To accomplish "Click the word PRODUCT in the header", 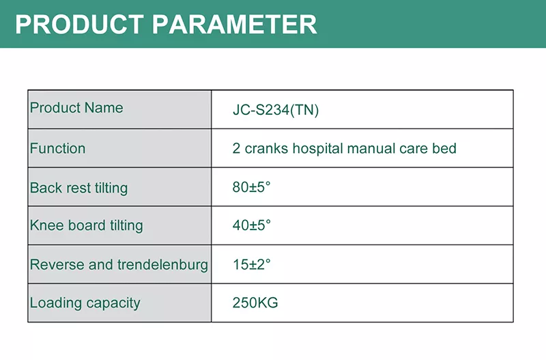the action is pyautogui.click(x=79, y=25).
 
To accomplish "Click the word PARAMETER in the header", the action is pyautogui.click(x=234, y=25).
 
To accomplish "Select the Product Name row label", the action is pyautogui.click(x=76, y=108).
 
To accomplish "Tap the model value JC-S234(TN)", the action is pyautogui.click(x=276, y=110).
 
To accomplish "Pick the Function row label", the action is pyautogui.click(x=57, y=148).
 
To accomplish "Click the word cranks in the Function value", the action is pyautogui.click(x=266, y=149).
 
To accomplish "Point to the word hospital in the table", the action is pyautogui.click(x=317, y=149).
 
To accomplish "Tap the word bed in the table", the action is pyautogui.click(x=444, y=149).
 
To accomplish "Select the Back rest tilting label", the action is pyautogui.click(x=78, y=188).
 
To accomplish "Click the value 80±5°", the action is pyautogui.click(x=251, y=187).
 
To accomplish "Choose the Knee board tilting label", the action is pyautogui.click(x=87, y=225).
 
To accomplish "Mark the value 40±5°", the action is pyautogui.click(x=251, y=225).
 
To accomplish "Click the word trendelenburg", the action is pyautogui.click(x=162, y=265).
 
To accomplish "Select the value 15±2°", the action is pyautogui.click(x=251, y=264).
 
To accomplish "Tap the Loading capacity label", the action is pyautogui.click(x=85, y=303).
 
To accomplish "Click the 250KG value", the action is pyautogui.click(x=255, y=303).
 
